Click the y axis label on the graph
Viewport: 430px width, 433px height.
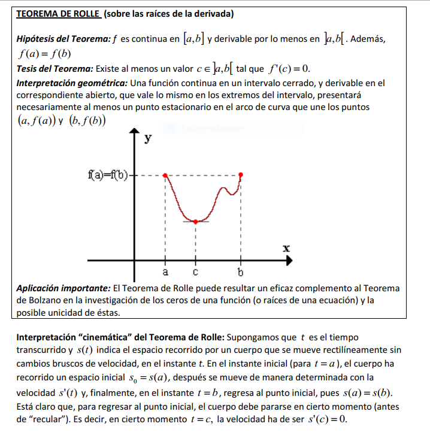(148, 139)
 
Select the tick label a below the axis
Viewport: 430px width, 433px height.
(166, 273)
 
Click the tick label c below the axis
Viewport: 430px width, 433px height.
(195, 273)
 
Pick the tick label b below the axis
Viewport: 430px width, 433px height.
(241, 273)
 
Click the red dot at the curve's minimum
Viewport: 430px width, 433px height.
(195, 221)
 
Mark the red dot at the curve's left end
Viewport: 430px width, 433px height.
(166, 176)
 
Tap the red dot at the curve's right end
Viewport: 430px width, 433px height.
(241, 175)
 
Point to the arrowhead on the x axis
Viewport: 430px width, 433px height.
(290, 261)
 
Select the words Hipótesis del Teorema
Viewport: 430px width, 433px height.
(63, 39)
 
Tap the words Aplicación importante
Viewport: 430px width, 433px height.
(63, 288)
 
